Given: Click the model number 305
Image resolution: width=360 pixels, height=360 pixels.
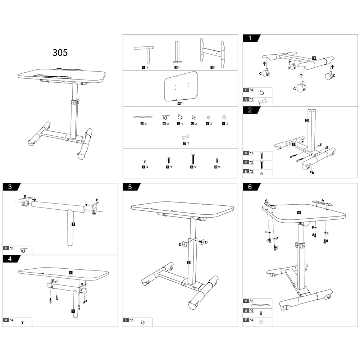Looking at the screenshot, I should [60, 53].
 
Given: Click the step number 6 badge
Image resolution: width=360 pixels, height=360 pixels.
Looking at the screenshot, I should [250, 187].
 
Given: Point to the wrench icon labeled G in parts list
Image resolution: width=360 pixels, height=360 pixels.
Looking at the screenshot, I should [186, 137].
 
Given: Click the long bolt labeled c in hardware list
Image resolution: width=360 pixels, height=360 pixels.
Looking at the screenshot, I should [193, 159].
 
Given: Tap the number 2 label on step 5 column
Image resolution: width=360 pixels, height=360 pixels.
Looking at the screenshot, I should [189, 263].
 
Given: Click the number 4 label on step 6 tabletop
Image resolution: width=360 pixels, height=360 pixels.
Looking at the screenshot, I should [299, 212].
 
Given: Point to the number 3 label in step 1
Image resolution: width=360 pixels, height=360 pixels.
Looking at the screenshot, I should [314, 58].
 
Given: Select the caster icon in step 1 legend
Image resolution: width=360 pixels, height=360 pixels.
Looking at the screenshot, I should [262, 92].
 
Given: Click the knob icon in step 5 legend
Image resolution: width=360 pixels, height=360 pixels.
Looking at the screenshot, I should [142, 322].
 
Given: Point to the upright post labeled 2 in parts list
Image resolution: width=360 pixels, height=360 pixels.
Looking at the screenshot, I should [177, 52].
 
